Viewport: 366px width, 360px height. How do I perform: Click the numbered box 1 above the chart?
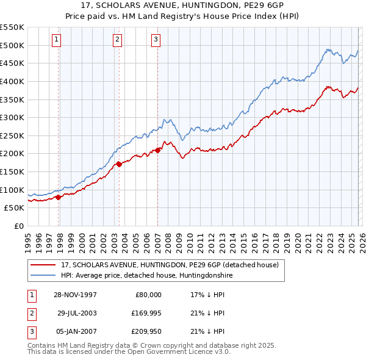tap(56, 40)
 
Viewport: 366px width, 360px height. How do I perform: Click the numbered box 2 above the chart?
tap(117, 40)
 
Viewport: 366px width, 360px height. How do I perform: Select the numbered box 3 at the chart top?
tap(156, 40)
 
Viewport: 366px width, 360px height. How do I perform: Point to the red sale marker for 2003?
tap(120, 164)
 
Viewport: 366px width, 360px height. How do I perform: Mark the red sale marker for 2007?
tap(157, 149)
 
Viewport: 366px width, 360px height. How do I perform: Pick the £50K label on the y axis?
tap(15, 208)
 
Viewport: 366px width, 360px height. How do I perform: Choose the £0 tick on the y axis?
tap(19, 226)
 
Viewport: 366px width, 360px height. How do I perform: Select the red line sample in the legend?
tap(44, 265)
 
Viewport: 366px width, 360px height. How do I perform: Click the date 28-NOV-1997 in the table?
tap(75, 295)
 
